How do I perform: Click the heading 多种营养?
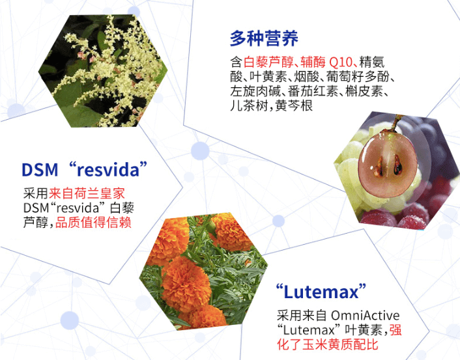click(x=264, y=38)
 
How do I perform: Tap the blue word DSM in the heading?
click(x=40, y=170)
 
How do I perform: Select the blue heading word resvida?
click(x=108, y=170)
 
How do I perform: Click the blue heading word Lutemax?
click(x=321, y=292)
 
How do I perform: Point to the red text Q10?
click(x=340, y=62)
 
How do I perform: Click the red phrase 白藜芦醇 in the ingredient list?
click(x=268, y=62)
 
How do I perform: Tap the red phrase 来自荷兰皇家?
click(x=87, y=193)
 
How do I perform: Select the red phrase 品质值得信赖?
click(x=93, y=222)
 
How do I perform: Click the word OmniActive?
click(x=366, y=316)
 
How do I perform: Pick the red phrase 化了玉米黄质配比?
click(x=327, y=344)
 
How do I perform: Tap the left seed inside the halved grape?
click(x=379, y=167)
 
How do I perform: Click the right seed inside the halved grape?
click(x=397, y=165)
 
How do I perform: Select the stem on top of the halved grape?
click(x=397, y=123)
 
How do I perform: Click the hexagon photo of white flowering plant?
click(x=103, y=71)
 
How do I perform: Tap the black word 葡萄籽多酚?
click(x=358, y=77)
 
